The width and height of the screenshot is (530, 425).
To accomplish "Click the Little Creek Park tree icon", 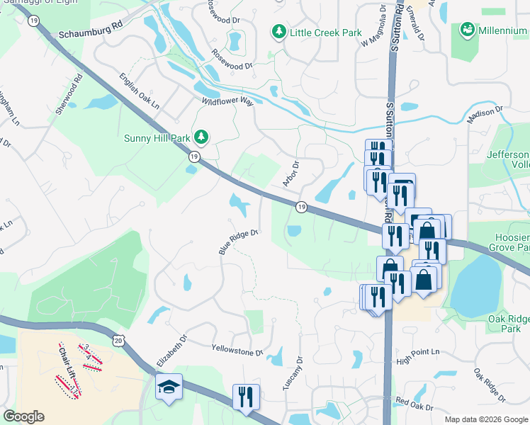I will (278, 33).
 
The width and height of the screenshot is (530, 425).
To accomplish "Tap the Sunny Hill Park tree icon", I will (203, 136).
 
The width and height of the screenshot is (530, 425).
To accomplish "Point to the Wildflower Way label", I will (227, 102).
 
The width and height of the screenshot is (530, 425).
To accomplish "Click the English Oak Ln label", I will (139, 91).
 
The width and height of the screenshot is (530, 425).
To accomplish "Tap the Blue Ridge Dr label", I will (236, 242).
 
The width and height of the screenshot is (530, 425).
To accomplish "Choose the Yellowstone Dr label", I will (237, 350).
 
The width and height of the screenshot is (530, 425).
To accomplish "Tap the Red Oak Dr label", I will (414, 404).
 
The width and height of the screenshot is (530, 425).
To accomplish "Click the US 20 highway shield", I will (117, 341).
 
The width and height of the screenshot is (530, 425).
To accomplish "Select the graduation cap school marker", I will (169, 387).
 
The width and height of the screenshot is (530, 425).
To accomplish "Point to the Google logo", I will (23, 416).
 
